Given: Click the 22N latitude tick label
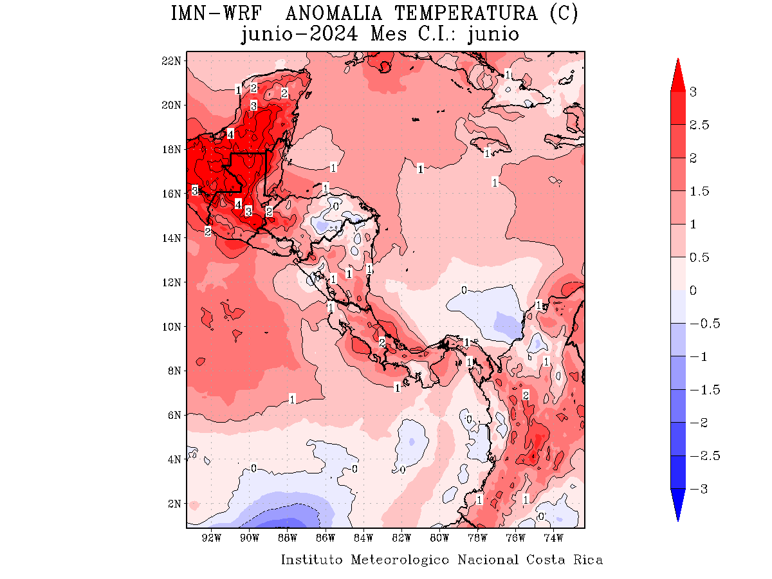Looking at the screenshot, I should tap(171, 60).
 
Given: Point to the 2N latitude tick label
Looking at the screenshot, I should tap(174, 504).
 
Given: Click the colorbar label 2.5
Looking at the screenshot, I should tap(699, 125).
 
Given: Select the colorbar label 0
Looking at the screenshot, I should tap(693, 290).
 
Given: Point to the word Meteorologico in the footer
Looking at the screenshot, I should tap(400, 560).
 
